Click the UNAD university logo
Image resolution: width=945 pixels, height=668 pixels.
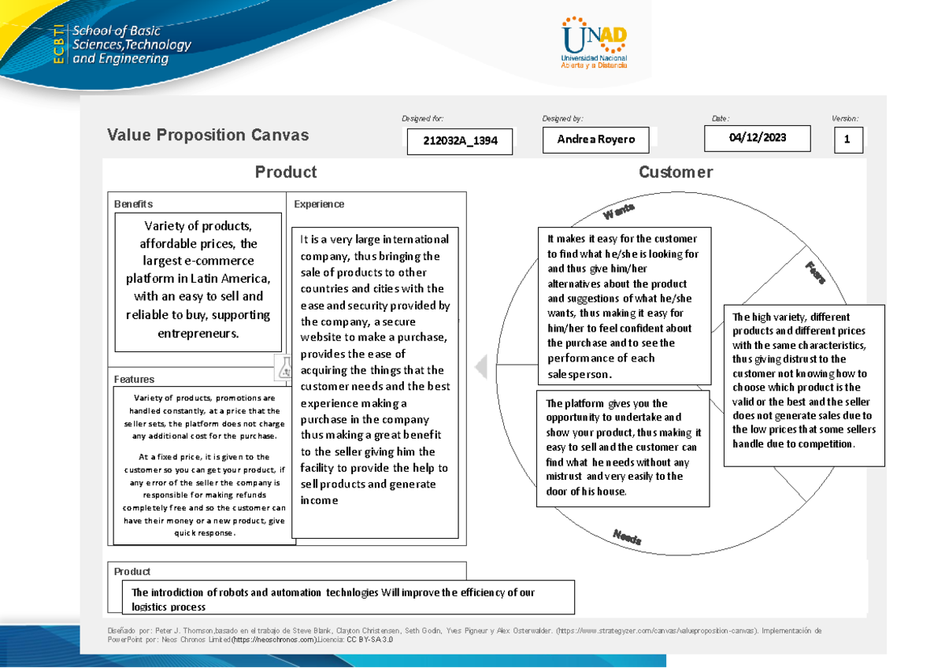[x=595, y=43]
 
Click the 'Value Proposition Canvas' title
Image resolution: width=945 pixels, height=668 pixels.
[x=208, y=135]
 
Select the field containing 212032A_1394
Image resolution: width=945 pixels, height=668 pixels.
[x=460, y=142]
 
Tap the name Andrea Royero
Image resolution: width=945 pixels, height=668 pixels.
[x=596, y=140]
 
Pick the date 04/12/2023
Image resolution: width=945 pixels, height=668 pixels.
[x=758, y=138]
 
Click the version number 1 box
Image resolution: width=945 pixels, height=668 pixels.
[x=848, y=140]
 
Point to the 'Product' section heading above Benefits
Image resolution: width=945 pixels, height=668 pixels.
[x=285, y=173]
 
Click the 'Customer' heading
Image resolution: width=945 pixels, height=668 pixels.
[x=676, y=173]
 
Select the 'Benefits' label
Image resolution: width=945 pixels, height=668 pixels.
[x=133, y=204]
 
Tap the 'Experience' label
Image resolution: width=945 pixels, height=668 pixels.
[x=319, y=204]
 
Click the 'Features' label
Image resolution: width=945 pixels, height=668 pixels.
[x=134, y=379]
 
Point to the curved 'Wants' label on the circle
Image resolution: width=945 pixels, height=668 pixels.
[x=619, y=211]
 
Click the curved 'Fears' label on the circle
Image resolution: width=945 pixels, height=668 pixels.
[x=815, y=273]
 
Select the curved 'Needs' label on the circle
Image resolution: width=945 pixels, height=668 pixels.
[x=627, y=538]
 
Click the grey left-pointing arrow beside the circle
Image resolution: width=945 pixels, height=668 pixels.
[x=481, y=366]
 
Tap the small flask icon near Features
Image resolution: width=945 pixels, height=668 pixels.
[x=283, y=367]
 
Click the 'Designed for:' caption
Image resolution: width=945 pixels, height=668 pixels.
[x=422, y=119]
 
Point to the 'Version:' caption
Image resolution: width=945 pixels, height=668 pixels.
[x=845, y=119]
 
